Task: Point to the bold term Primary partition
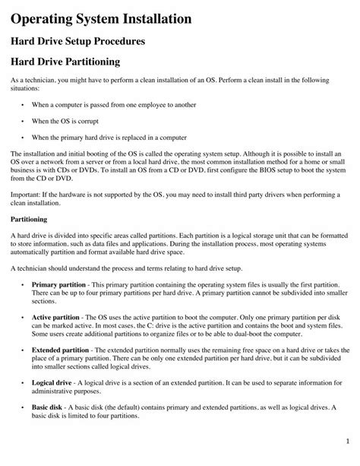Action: pos(58,284)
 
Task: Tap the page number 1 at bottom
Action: pos(346,441)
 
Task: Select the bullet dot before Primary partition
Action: pos(24,284)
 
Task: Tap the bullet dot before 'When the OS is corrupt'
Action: pos(24,119)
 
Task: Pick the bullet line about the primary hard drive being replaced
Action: pos(109,138)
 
